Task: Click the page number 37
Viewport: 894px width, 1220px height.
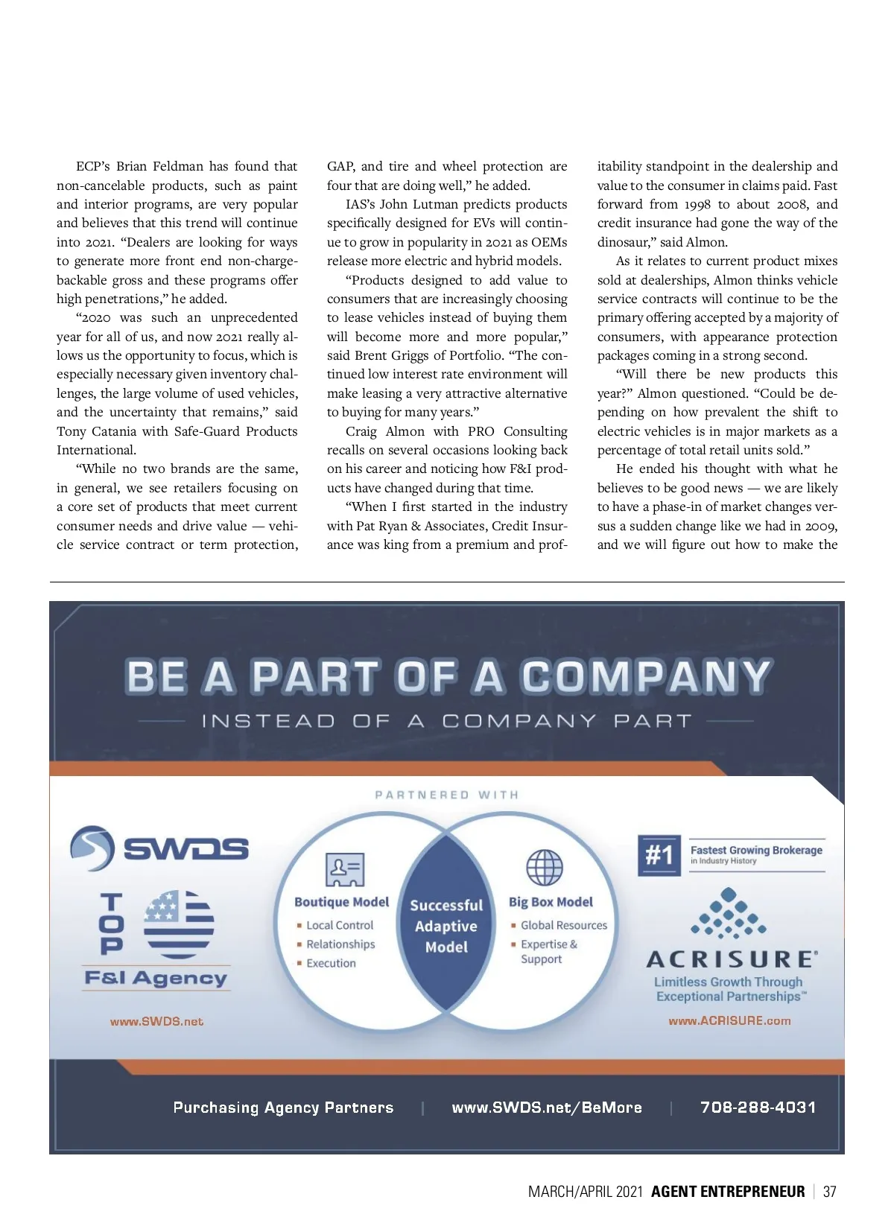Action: pos(829,1192)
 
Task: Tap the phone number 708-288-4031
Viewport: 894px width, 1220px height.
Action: pos(758,1108)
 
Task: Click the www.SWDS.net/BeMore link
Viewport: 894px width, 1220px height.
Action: pos(546,1108)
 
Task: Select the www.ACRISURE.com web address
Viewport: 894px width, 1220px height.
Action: pos(729,1021)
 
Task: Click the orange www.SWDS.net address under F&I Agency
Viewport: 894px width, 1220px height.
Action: pos(156,1022)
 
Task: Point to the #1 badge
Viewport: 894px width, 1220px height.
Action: pos(659,855)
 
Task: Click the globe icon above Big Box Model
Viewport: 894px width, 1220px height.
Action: pos(545,868)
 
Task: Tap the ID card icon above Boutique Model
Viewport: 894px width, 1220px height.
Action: pos(345,869)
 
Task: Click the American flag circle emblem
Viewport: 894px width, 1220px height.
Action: pos(179,924)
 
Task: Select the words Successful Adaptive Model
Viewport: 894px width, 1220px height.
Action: pos(446,926)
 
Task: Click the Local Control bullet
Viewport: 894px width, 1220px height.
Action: pos(339,925)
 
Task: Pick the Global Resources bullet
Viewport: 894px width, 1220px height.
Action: pos(563,925)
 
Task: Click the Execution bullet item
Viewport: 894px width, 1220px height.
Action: pos(331,963)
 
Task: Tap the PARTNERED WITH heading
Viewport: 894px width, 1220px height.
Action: pos(446,795)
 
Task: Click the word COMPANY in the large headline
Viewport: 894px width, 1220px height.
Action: pos(645,676)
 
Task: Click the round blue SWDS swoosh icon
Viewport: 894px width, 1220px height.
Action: pos(92,848)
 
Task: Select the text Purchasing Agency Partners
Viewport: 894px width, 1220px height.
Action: pos(283,1108)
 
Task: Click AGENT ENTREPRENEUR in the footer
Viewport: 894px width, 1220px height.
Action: pos(728,1192)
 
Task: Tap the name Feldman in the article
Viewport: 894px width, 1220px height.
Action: pos(178,166)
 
